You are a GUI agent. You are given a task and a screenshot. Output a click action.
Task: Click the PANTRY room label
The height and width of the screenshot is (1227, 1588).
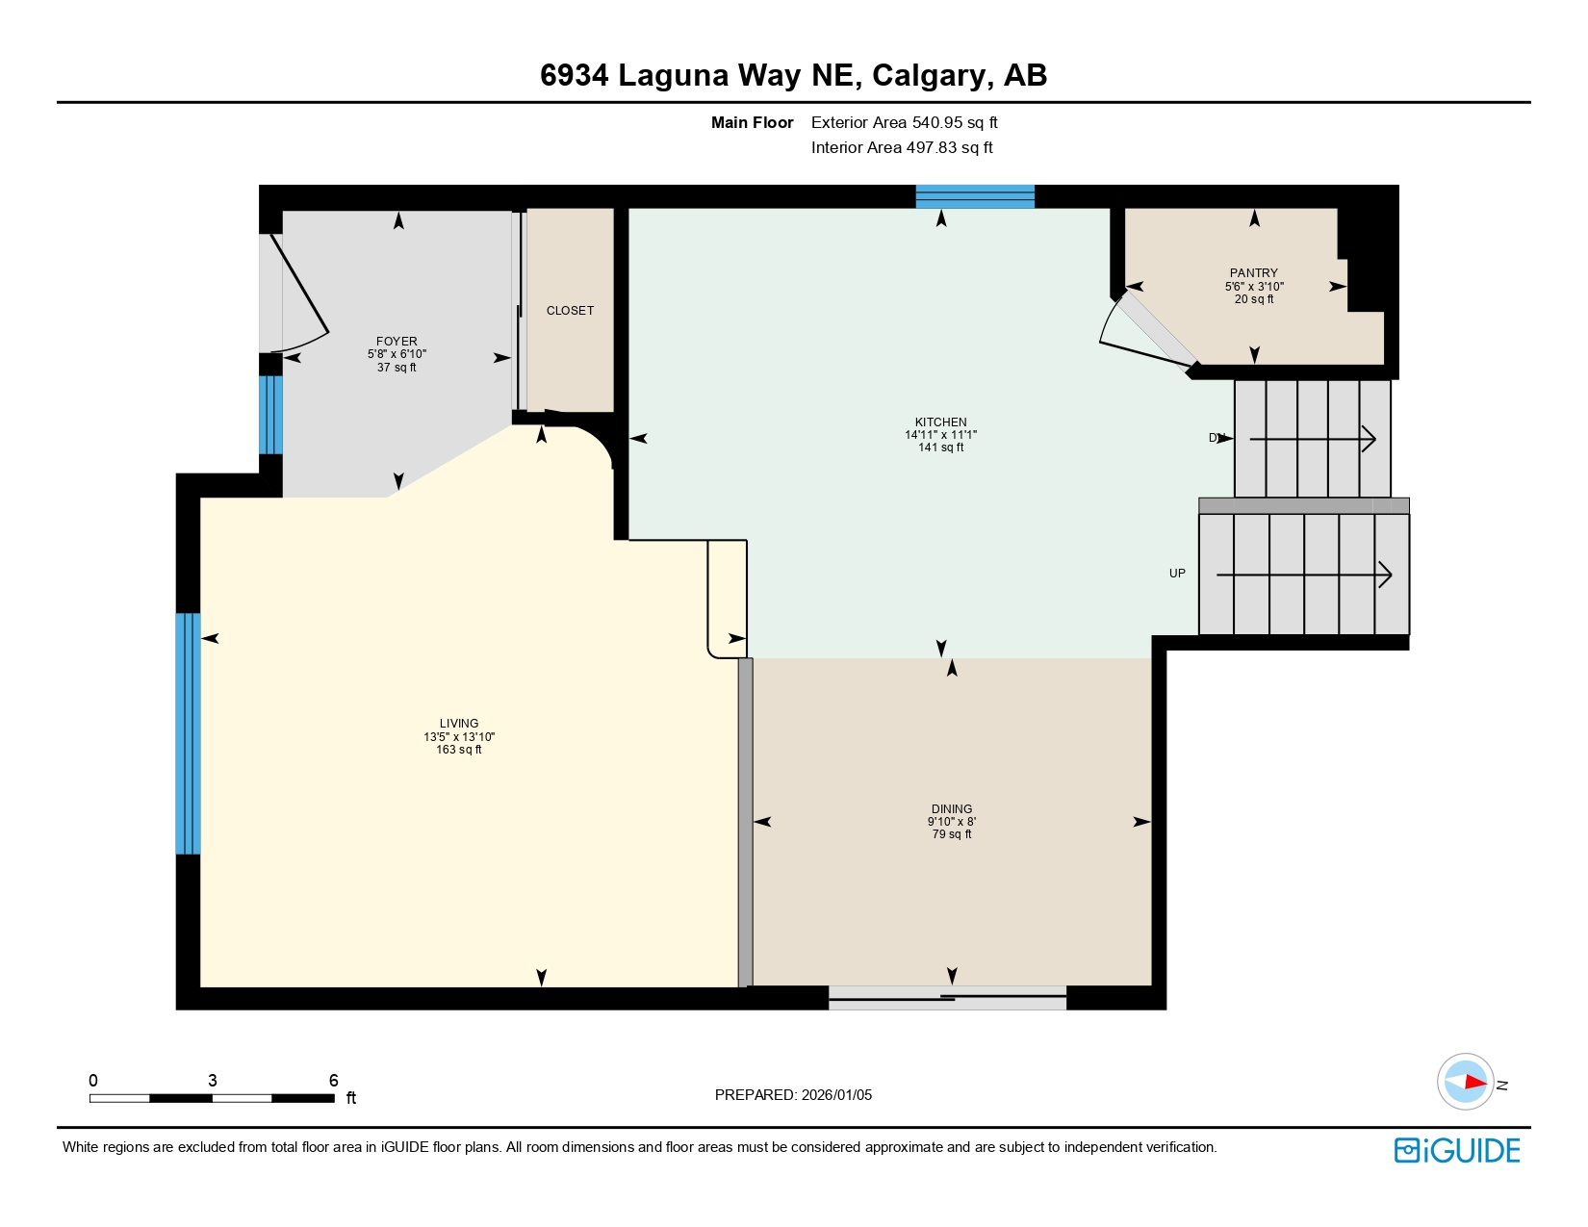click(x=1253, y=273)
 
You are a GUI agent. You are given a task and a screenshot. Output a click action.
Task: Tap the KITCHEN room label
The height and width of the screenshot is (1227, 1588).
click(x=940, y=422)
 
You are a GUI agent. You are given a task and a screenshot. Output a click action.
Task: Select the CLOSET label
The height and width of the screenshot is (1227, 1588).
click(x=570, y=311)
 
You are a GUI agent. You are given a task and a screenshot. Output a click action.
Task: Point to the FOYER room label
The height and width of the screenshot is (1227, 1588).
click(x=397, y=342)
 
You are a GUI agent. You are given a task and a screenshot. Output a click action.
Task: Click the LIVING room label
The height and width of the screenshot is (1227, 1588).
click(x=458, y=724)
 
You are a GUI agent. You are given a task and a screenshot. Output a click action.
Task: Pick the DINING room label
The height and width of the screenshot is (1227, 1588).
click(x=951, y=809)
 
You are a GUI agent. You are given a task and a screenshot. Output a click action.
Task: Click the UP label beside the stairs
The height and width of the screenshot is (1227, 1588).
click(x=1177, y=574)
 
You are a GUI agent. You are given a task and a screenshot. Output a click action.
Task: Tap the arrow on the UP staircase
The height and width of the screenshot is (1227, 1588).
click(x=1304, y=575)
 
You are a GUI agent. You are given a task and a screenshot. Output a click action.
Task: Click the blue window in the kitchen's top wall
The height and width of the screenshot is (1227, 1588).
click(x=974, y=196)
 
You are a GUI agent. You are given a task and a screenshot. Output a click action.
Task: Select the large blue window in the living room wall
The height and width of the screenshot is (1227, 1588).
click(x=188, y=733)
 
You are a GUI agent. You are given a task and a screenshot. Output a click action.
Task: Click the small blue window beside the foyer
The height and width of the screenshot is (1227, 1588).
click(x=271, y=415)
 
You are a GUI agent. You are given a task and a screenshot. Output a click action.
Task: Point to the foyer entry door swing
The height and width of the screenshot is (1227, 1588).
click(x=299, y=294)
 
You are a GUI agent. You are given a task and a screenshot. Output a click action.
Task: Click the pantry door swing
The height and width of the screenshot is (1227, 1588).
click(x=1145, y=332)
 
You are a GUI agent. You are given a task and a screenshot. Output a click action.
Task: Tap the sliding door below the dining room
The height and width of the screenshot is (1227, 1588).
click(x=947, y=998)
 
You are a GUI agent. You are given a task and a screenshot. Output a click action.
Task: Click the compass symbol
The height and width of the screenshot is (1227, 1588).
click(x=1465, y=1082)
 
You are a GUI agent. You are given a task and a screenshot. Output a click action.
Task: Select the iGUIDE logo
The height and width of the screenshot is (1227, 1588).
click(x=1457, y=1151)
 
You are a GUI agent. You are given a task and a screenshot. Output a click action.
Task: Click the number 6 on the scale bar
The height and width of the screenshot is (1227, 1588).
click(x=334, y=1081)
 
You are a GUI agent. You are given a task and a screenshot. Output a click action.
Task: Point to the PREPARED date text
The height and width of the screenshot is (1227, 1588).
click(x=793, y=1095)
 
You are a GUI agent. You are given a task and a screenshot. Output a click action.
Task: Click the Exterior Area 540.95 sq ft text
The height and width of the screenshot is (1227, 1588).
click(x=904, y=123)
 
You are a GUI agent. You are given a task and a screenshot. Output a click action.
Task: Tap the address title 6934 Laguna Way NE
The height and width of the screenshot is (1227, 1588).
click(x=793, y=75)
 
